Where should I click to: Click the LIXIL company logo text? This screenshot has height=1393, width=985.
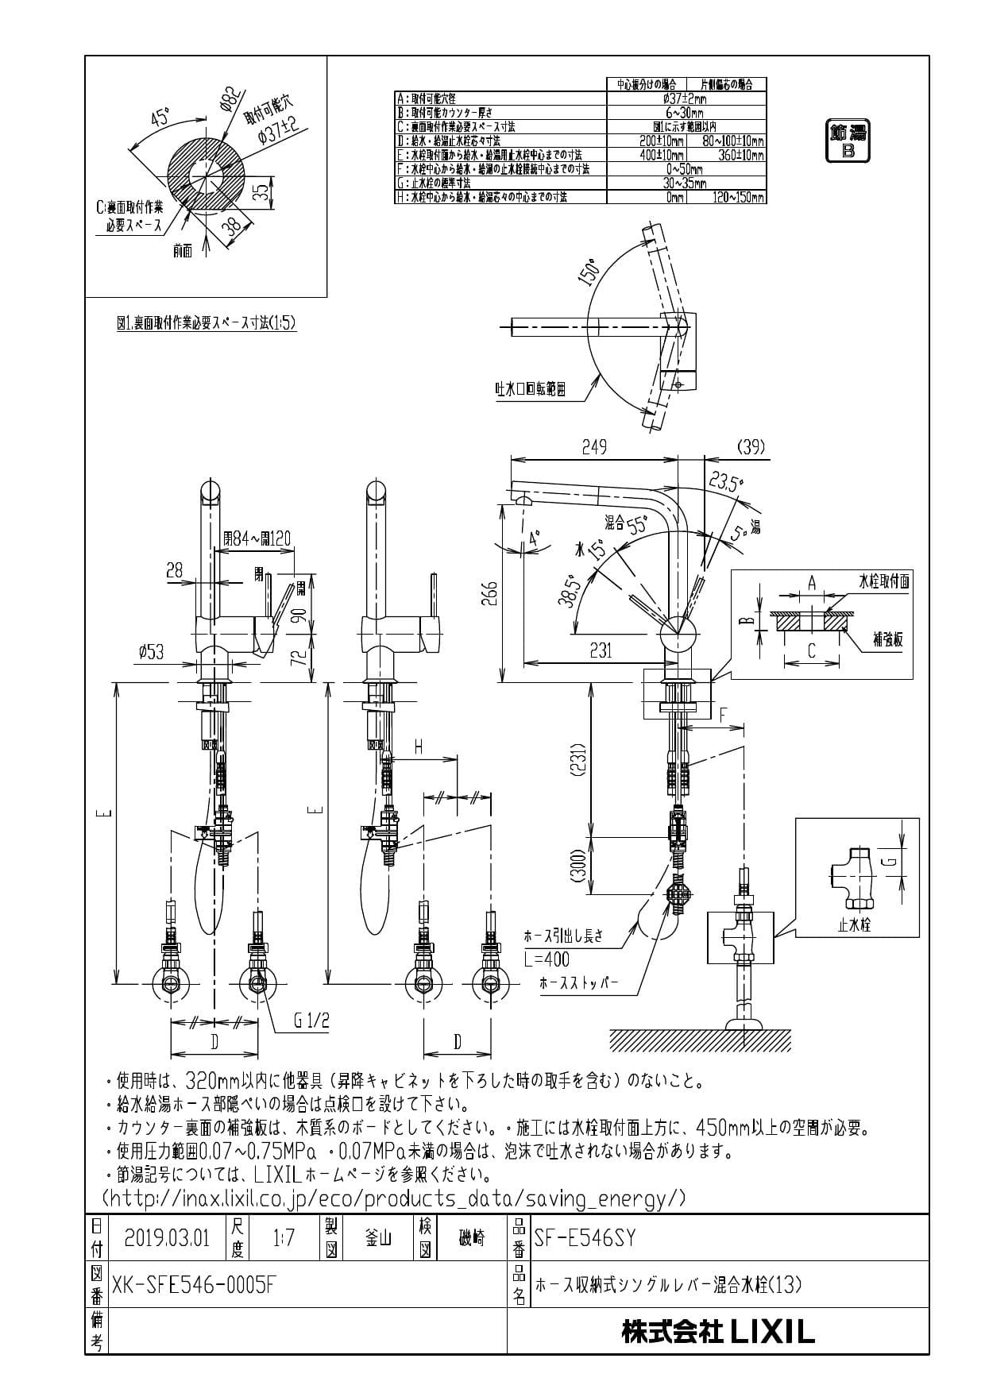pyautogui.click(x=718, y=1332)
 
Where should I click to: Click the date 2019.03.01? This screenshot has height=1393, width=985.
pyautogui.click(x=167, y=1237)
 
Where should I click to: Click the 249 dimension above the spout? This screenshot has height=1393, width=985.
pyautogui.click(x=593, y=447)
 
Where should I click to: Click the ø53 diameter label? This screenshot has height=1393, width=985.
pyautogui.click(x=151, y=652)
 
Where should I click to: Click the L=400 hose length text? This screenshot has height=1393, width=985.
pyautogui.click(x=547, y=959)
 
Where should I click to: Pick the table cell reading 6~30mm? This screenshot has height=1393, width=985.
pyautogui.click(x=686, y=113)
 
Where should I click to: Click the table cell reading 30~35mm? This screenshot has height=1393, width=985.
pyautogui.click(x=686, y=183)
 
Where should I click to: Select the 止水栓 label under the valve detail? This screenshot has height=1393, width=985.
pyautogui.click(x=855, y=925)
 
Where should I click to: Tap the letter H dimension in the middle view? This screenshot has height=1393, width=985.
pyautogui.click(x=418, y=746)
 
